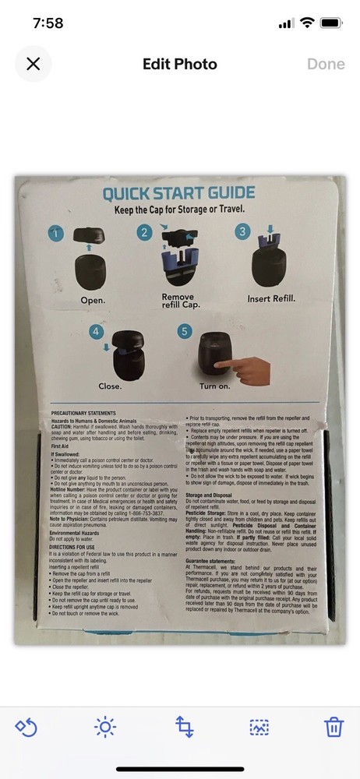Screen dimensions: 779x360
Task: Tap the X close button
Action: tap(33, 64)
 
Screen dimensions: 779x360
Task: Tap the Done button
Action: tap(326, 64)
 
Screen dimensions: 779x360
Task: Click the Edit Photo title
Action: tap(179, 64)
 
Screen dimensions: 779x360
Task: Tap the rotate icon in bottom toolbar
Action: tap(26, 728)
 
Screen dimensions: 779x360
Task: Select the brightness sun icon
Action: tap(104, 728)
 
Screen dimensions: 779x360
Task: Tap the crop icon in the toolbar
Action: tap(184, 728)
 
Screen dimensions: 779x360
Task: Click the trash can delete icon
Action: tap(334, 728)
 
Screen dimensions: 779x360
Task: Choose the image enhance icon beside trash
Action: tap(259, 728)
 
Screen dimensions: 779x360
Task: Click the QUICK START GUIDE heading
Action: tap(178, 194)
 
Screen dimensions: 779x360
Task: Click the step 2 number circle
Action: tap(145, 232)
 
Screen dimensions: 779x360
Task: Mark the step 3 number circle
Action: tap(243, 232)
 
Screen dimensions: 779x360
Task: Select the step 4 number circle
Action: tap(97, 332)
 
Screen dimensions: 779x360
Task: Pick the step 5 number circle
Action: tap(185, 332)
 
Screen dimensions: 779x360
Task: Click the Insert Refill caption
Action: tap(276, 298)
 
